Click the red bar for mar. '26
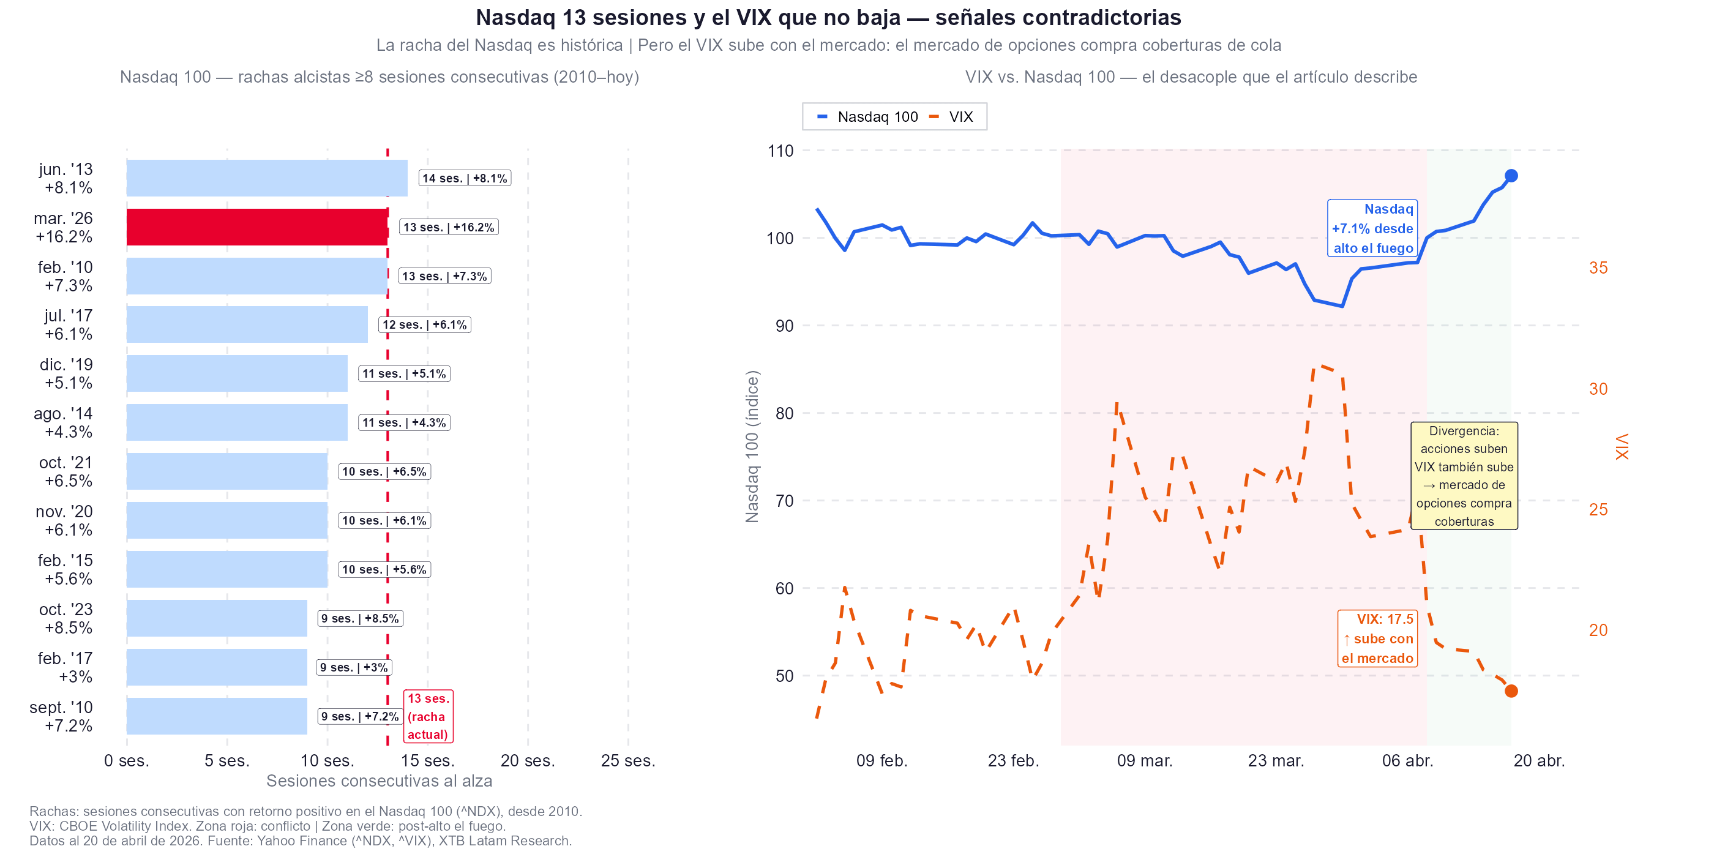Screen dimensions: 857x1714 257,227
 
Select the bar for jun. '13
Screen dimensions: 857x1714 266,178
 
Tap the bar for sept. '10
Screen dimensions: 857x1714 216,716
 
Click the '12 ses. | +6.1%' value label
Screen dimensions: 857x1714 424,324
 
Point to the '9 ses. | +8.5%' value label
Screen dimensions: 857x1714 360,618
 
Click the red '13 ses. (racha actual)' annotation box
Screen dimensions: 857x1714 428,716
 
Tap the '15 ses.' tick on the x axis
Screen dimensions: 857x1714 427,760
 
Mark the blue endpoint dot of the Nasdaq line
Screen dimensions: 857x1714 1511,176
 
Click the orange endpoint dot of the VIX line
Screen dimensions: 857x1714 1511,690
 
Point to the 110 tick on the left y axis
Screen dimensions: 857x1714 780,151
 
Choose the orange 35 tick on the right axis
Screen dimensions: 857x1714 1598,268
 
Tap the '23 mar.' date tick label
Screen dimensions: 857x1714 1276,760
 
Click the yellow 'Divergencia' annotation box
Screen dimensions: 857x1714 1464,476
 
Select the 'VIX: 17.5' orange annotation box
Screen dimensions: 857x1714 1377,638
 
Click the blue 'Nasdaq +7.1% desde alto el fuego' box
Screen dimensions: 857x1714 1372,228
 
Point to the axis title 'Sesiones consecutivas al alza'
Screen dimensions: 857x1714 380,781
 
